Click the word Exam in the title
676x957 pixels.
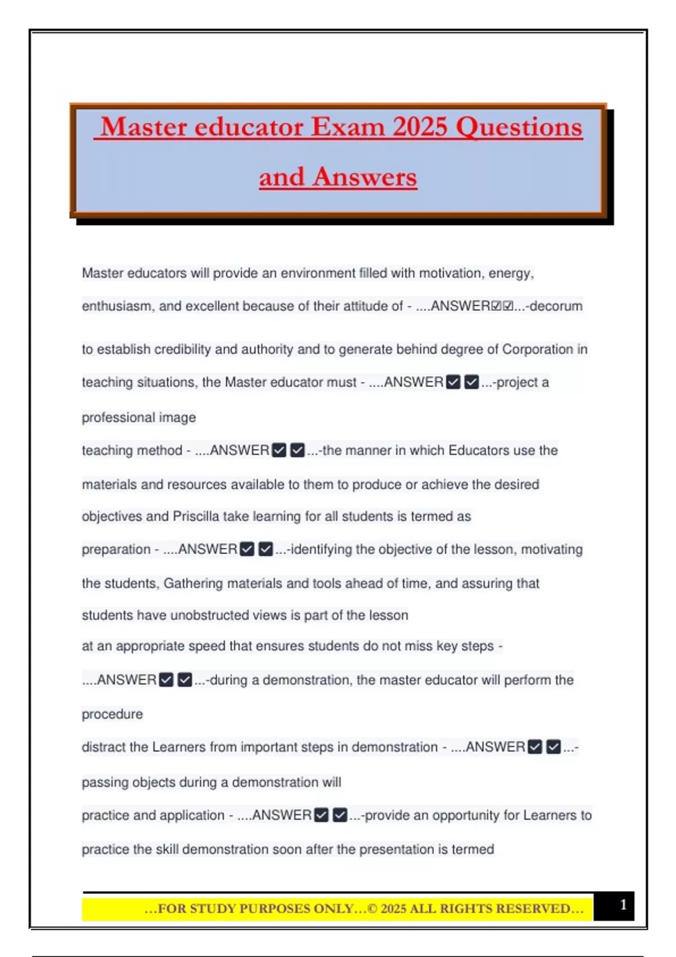(348, 127)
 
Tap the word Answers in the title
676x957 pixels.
(365, 177)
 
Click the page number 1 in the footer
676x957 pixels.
(623, 905)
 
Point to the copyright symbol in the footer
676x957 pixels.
(373, 909)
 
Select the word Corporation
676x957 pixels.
(537, 350)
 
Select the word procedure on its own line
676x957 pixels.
(112, 714)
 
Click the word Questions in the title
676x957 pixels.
(519, 127)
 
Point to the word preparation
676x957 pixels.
(116, 549)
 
